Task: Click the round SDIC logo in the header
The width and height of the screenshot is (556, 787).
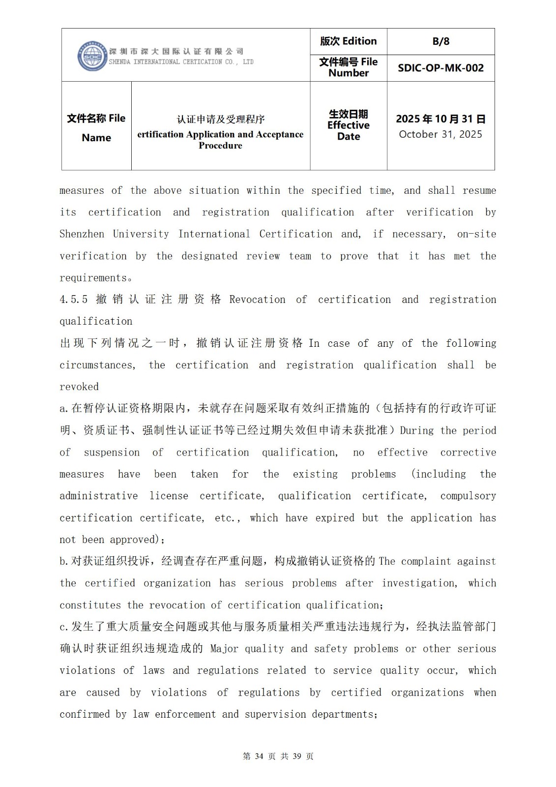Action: pos(92,56)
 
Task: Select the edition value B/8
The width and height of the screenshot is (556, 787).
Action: pos(440,41)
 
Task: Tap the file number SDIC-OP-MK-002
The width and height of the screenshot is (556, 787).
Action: pos(440,68)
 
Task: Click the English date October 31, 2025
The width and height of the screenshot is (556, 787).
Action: pos(440,134)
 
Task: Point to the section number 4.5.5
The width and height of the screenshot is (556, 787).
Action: pos(74,300)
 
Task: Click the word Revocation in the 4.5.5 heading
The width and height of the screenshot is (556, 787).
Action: pos(257,300)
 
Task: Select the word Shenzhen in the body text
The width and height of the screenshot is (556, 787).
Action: pos(82,234)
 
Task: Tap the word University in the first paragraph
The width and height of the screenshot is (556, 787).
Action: pos(141,234)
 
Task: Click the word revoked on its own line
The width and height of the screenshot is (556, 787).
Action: pos(79,387)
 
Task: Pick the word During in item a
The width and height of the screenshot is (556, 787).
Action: pos(417,431)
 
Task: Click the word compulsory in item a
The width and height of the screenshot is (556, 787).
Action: pos(468,496)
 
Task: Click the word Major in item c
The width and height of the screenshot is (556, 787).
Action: pos(224,649)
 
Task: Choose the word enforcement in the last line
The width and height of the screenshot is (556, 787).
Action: pos(185,714)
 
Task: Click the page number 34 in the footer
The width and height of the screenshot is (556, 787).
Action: pos(260,757)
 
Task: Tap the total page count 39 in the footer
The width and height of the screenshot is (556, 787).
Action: pos(297,757)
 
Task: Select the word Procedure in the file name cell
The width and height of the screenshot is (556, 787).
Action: pos(220,146)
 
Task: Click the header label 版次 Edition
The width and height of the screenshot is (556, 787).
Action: pos(348,41)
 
